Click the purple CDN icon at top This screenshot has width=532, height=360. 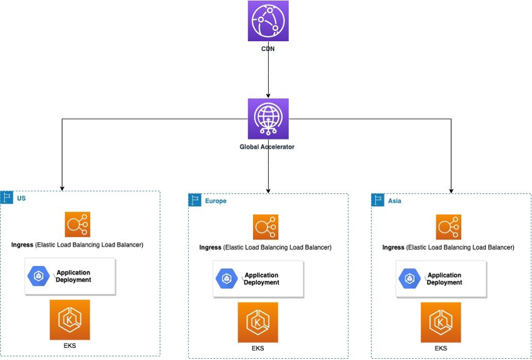pyautogui.click(x=268, y=21)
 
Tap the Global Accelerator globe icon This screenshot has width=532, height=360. pyautogui.click(x=268, y=119)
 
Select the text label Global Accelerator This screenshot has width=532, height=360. pyautogui.click(x=267, y=147)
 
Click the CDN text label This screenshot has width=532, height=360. pyautogui.click(x=268, y=49)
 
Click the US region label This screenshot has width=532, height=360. pyautogui.click(x=21, y=198)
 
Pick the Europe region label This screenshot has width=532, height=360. pyautogui.click(x=215, y=201)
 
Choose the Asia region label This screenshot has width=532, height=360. pyautogui.click(x=394, y=201)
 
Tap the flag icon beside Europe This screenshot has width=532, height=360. pyautogui.click(x=195, y=200)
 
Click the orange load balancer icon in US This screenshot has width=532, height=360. pyautogui.click(x=78, y=225)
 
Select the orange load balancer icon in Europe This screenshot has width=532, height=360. pyautogui.click(x=266, y=227)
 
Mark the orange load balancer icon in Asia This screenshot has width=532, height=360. pyautogui.click(x=448, y=227)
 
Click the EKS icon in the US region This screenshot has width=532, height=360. pyautogui.click(x=70, y=319)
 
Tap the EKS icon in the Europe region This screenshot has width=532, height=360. pyautogui.click(x=258, y=322)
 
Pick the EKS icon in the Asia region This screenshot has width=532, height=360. pyautogui.click(x=441, y=322)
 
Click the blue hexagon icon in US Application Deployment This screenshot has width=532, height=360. pyautogui.click(x=38, y=276)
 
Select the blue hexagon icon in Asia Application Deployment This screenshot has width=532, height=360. pyautogui.click(x=409, y=279)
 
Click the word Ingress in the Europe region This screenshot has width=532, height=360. pyautogui.click(x=210, y=248)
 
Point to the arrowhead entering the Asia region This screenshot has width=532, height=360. pyautogui.click(x=451, y=189)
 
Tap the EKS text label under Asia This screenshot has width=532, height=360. pyautogui.click(x=441, y=348)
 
